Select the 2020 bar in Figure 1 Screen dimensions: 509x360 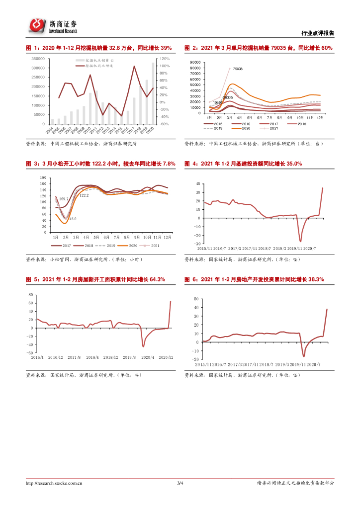(x=153, y=92)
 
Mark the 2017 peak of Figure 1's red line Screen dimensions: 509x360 (x=134, y=66)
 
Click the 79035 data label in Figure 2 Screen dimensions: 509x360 (x=238, y=69)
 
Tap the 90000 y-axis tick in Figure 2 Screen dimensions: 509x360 (x=194, y=62)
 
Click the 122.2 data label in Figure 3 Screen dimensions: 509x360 (x=84, y=195)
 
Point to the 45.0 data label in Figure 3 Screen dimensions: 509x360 (x=72, y=219)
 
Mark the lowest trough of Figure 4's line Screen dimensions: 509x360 (x=300, y=241)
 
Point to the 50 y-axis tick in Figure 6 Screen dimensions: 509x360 (x=196, y=299)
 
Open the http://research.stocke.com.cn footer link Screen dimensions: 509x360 (x=54, y=483)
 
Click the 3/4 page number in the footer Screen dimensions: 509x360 (x=180, y=483)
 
